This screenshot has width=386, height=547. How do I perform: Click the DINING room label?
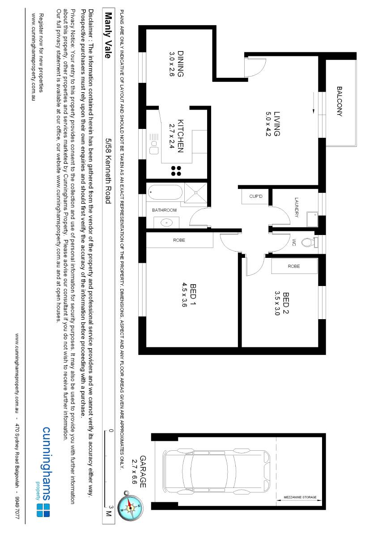tap(181, 64)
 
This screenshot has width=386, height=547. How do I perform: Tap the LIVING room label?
tap(277, 124)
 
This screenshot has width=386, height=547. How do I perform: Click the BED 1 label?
tap(194, 295)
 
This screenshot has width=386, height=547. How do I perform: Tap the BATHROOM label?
tap(164, 210)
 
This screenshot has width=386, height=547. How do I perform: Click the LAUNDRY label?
tap(296, 208)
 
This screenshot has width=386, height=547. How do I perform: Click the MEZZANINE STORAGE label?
tap(300, 497)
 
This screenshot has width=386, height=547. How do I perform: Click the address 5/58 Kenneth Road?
tap(108, 171)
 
